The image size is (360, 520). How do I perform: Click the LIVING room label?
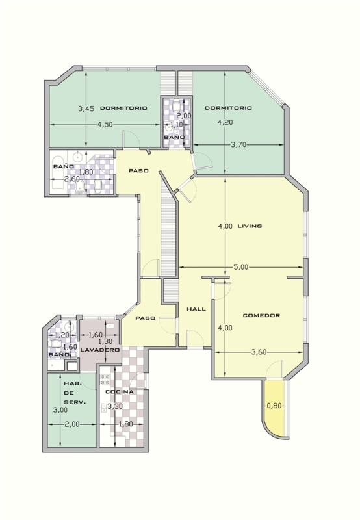tap(250, 226)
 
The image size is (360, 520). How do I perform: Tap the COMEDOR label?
tap(261, 315)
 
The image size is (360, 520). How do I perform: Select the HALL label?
tap(196, 309)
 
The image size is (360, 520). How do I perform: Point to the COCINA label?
tap(120, 392)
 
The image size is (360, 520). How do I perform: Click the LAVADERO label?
tap(100, 350)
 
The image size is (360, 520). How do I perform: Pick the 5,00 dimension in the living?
tap(240, 267)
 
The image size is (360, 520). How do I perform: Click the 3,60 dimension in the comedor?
tap(259, 352)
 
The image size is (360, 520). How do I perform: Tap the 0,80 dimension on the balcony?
tap(274, 406)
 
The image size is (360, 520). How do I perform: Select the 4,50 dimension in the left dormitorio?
tap(105, 125)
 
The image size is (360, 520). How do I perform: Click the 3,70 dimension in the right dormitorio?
tap(238, 144)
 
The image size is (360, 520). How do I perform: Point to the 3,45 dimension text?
tap(86, 109)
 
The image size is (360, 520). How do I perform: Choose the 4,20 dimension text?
tap(225, 122)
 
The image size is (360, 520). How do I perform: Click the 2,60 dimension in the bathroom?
tap(72, 179)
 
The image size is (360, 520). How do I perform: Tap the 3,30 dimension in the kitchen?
tap(115, 406)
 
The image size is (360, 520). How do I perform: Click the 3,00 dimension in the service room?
tap(60, 410)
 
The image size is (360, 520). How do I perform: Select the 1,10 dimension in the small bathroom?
tap(176, 125)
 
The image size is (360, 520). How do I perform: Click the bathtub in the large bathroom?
tap(58, 172)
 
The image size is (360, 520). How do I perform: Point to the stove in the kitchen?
tap(105, 380)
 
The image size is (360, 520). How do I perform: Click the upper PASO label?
tap(138, 171)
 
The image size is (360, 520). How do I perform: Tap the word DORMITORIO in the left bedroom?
tap(123, 108)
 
